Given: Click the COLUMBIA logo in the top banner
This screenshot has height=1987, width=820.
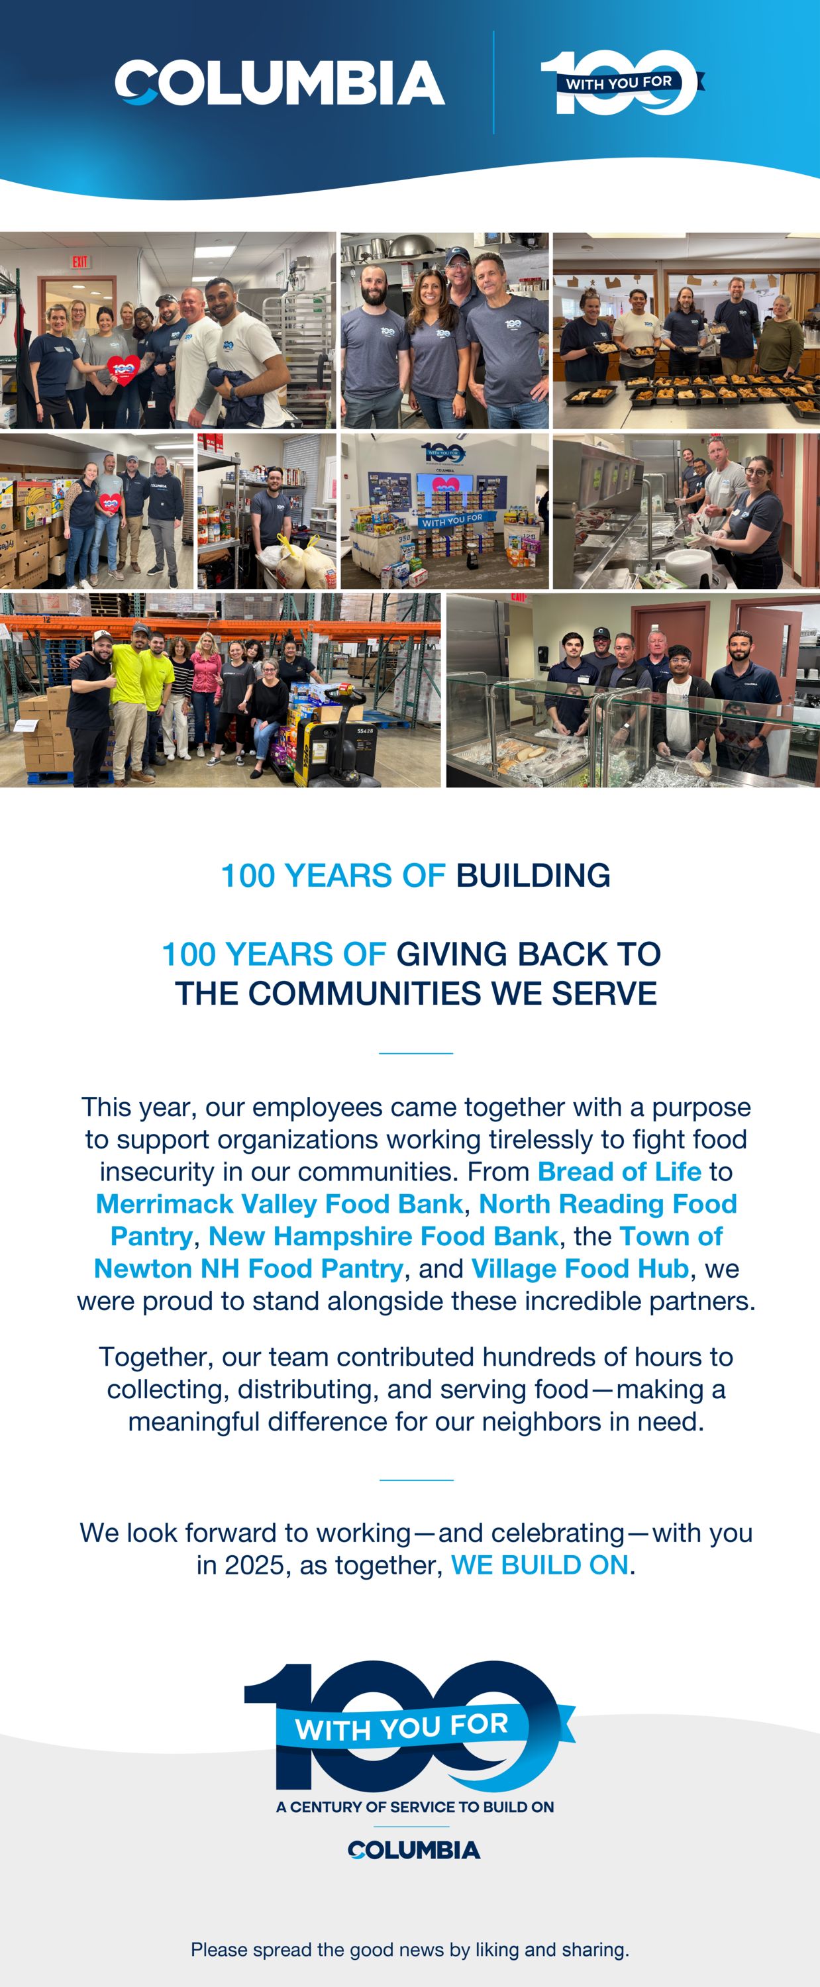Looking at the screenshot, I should [x=280, y=83].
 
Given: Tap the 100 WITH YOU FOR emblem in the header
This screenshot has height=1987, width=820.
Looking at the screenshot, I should [x=622, y=83].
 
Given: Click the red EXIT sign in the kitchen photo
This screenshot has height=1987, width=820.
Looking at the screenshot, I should [x=80, y=262].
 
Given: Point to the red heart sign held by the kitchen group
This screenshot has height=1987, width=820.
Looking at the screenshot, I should [x=122, y=370].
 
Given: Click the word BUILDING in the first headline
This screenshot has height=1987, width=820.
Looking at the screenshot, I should [x=533, y=876].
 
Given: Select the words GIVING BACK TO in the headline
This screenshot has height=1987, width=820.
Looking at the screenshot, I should [x=529, y=954].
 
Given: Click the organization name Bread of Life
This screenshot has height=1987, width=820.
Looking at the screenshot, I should [x=619, y=1171].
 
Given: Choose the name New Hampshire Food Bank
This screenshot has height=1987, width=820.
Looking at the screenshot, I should [x=383, y=1236].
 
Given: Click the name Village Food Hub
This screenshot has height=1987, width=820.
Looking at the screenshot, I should [x=580, y=1268].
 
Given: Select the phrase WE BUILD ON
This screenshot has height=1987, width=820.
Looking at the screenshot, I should [x=540, y=1564].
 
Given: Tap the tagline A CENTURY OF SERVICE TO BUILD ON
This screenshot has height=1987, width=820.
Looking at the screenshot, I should [x=415, y=1806].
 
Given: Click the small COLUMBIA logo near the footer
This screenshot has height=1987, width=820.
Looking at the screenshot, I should [x=414, y=1850].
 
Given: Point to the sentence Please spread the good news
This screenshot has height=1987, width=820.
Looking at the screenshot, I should [x=409, y=1949].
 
